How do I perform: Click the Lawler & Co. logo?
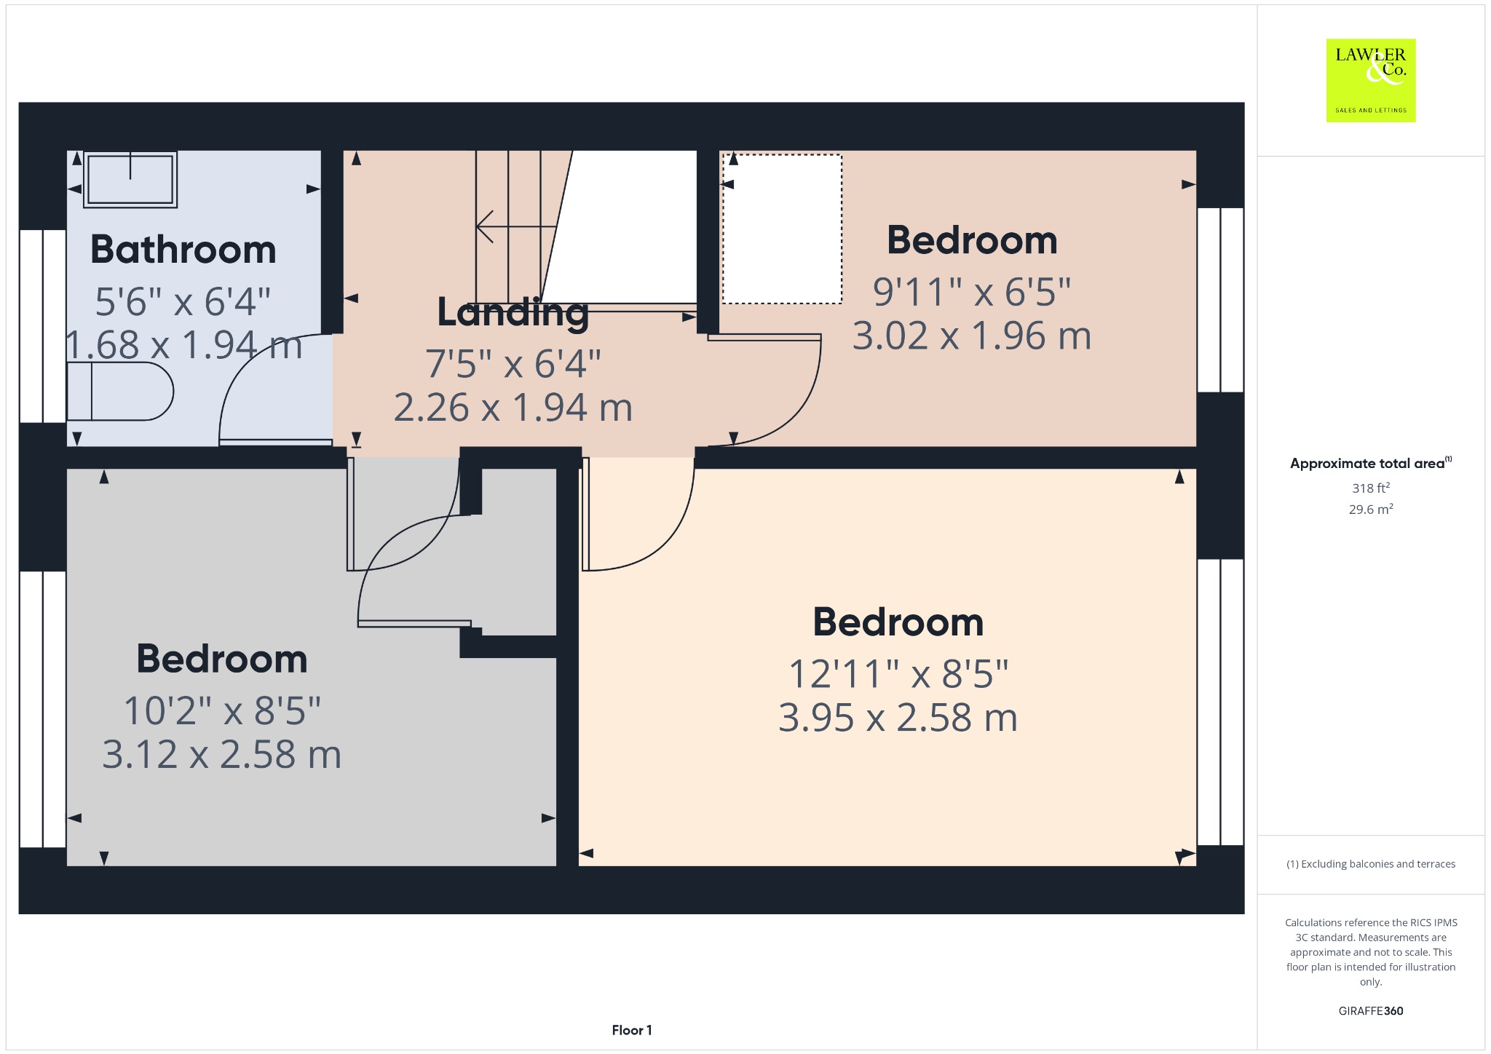(x=1370, y=80)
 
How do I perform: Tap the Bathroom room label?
(x=183, y=250)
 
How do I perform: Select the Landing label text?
(x=513, y=313)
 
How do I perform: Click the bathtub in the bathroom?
(x=130, y=179)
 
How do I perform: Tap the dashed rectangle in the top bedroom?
(x=782, y=229)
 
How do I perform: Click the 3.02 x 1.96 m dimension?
(x=972, y=336)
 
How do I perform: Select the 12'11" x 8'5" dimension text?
(x=898, y=674)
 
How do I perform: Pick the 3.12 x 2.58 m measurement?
(x=222, y=755)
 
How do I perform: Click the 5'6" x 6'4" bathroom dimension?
(x=183, y=301)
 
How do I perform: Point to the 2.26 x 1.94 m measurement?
(x=513, y=408)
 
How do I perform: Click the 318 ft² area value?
(x=1371, y=488)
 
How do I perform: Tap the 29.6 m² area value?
(x=1371, y=509)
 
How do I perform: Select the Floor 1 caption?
(x=632, y=1030)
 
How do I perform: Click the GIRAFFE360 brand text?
(x=1371, y=1010)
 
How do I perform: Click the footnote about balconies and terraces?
(x=1371, y=864)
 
